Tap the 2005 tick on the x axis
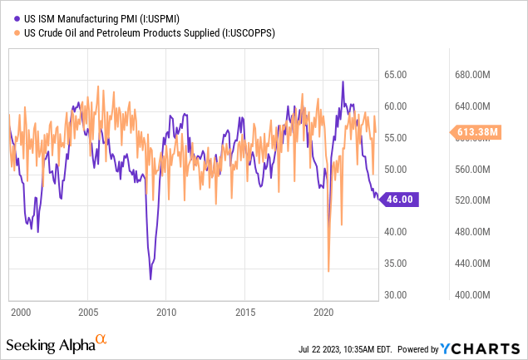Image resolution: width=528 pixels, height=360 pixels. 88,313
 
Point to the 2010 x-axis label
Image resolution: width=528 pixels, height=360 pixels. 167,313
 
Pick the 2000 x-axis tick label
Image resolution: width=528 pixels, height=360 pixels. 20,313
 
